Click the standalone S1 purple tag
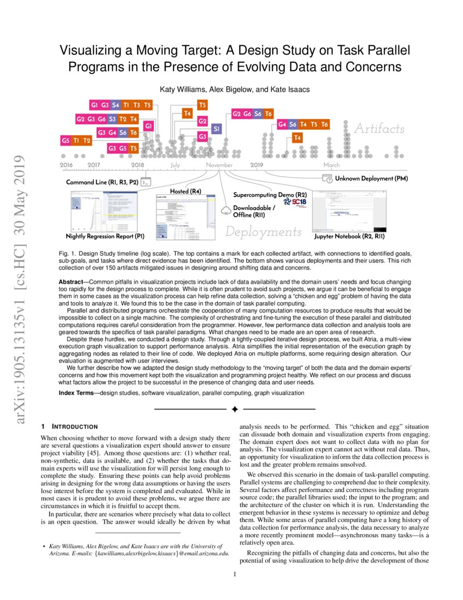click(216, 129)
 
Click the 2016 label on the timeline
click(66, 165)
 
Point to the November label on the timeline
click(219, 165)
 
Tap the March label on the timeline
click(331, 165)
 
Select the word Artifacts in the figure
click(379, 129)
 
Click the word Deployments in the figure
click(264, 232)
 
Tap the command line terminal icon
click(145, 183)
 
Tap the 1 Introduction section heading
click(69, 426)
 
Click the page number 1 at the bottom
click(234, 574)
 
